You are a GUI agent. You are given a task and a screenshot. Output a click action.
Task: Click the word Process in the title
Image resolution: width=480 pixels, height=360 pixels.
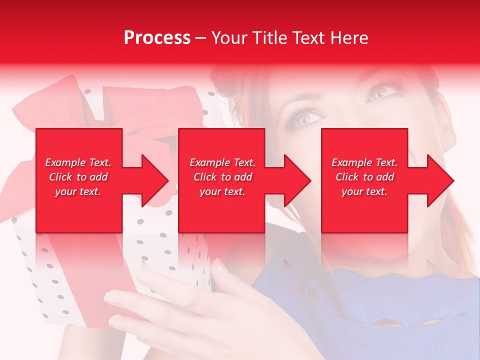point(157,38)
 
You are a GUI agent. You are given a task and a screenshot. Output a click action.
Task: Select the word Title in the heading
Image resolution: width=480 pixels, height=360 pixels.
point(269,38)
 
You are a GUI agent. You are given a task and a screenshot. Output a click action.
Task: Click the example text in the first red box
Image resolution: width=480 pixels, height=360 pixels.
point(78,177)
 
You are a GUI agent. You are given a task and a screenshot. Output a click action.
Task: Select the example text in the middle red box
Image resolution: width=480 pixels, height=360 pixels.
point(222,177)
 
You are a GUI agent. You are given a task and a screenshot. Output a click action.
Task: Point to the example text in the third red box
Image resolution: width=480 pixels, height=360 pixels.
point(364,177)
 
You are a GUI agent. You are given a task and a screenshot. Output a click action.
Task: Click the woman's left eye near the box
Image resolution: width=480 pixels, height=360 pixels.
point(306,118)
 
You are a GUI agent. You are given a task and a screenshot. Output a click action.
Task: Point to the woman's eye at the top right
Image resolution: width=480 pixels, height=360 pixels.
point(381,91)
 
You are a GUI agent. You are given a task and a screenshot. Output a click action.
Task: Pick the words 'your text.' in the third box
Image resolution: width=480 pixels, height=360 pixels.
point(364,191)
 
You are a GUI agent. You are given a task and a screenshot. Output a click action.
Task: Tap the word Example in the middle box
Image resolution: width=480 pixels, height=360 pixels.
point(206,162)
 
